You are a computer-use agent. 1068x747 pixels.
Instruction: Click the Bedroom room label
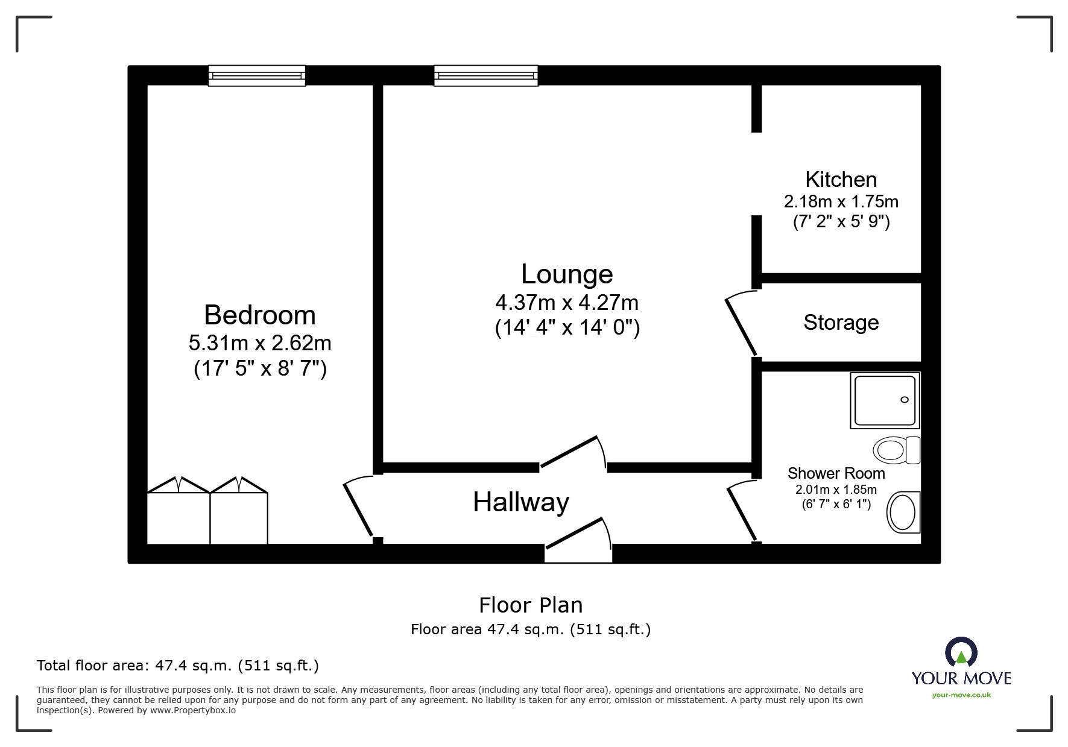260,315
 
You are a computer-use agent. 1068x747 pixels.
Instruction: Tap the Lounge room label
567,274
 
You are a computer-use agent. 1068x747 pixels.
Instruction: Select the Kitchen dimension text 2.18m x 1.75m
841,201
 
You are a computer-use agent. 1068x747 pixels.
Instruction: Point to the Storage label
841,323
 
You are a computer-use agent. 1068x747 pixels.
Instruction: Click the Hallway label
521,502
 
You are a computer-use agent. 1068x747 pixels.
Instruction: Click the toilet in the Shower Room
896,450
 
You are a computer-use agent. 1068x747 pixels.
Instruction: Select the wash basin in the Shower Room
903,512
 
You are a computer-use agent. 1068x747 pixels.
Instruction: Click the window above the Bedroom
257,75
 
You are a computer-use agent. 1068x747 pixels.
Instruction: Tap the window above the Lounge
485,75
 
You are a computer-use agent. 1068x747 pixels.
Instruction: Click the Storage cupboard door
741,324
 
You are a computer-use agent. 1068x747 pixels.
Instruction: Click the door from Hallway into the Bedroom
358,508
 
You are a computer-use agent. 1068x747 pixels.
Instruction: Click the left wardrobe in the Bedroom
179,517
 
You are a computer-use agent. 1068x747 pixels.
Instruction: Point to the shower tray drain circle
904,400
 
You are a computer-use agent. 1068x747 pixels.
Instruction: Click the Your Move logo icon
961,653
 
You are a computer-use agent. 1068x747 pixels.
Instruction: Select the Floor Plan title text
531,605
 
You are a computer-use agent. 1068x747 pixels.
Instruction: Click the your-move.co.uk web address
961,695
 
